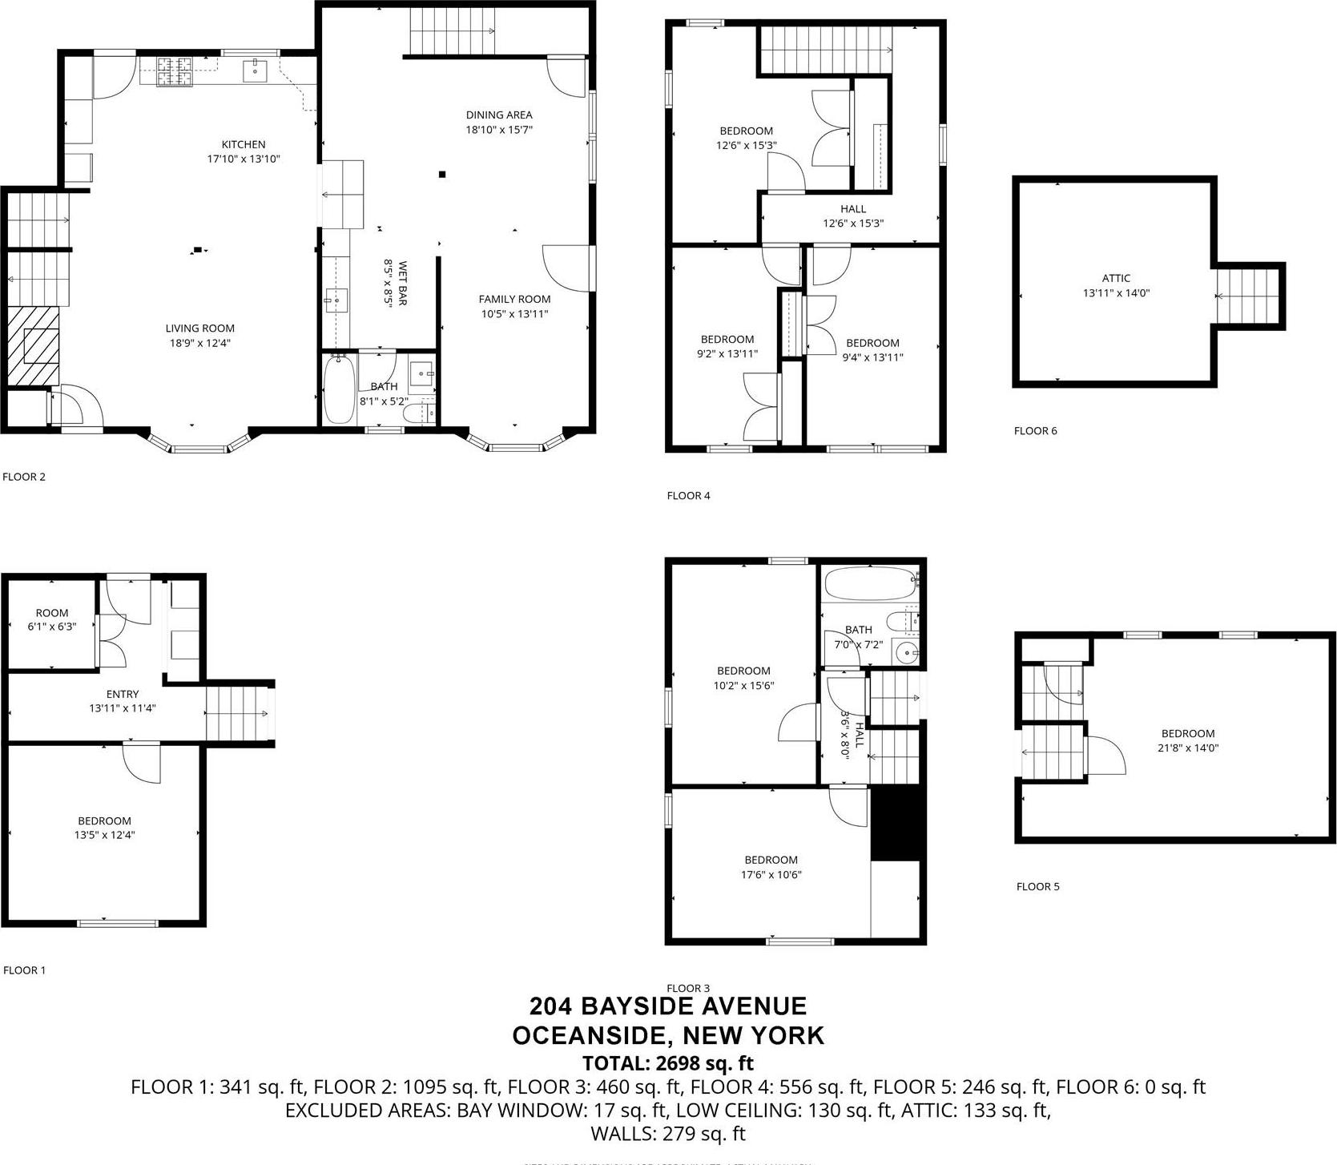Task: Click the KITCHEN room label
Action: pos(243,144)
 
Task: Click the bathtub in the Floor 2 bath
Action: pos(339,390)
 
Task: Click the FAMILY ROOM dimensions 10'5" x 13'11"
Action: pos(514,314)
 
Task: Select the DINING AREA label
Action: pos(499,115)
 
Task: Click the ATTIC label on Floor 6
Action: pos(1115,278)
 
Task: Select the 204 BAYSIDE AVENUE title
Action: pos(667,1006)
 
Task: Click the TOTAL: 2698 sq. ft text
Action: pos(667,1063)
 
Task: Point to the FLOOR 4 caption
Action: pos(688,495)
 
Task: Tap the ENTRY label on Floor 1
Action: pos(122,694)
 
